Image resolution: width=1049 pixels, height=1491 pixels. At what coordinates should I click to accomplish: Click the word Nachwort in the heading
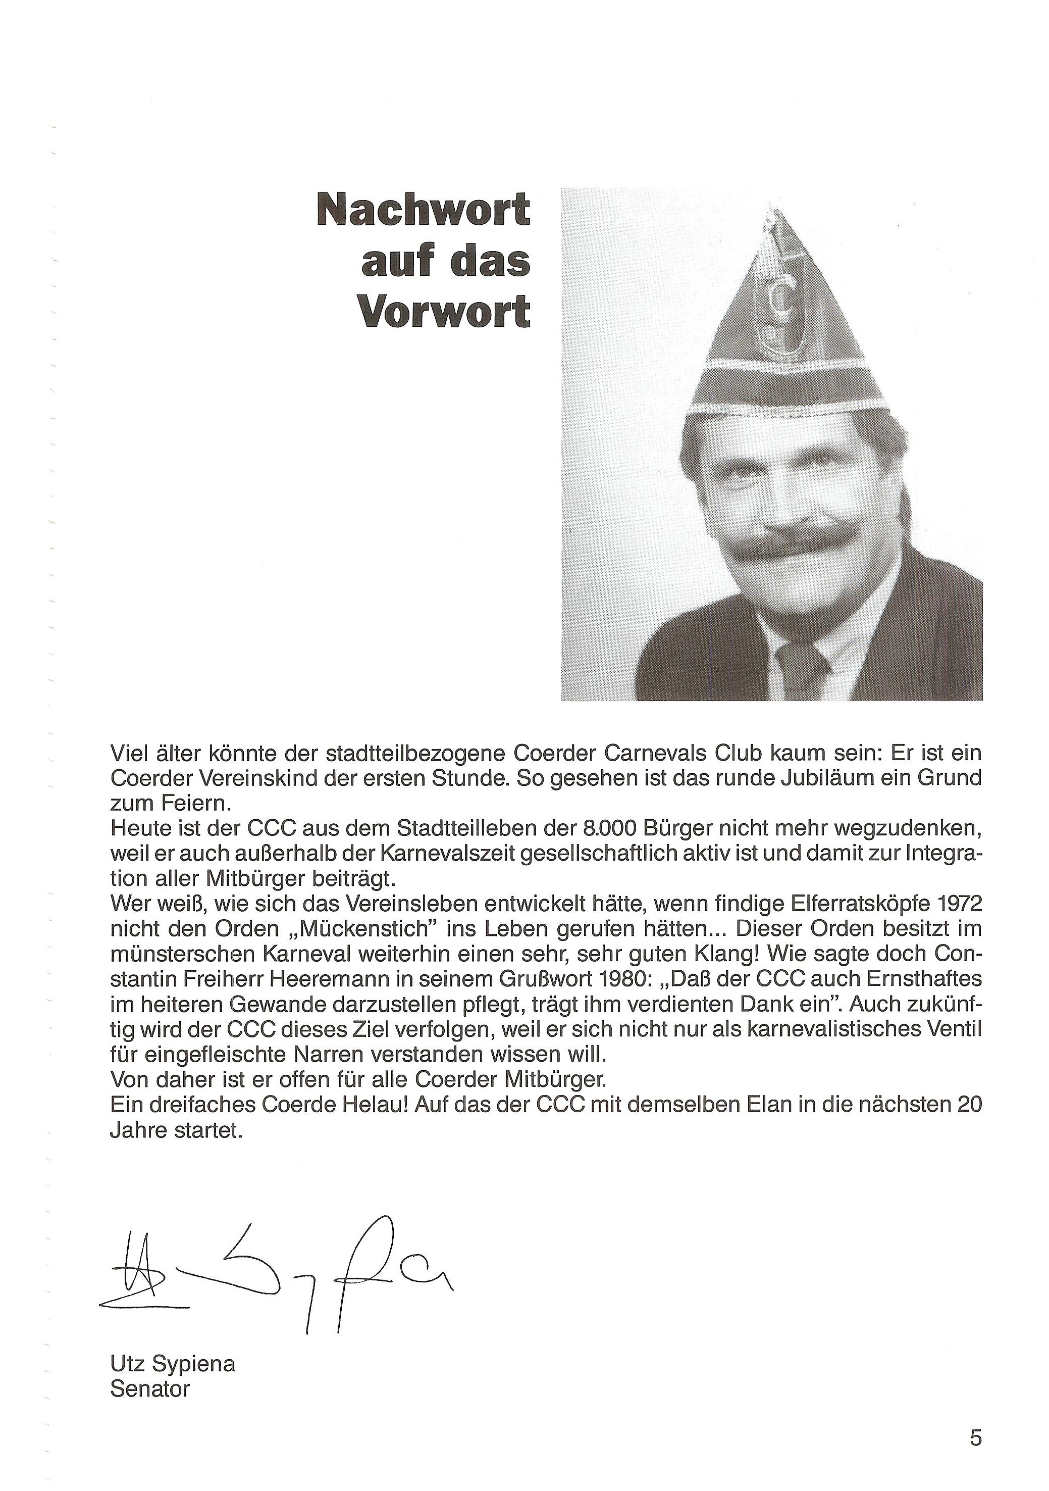[x=423, y=209]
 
